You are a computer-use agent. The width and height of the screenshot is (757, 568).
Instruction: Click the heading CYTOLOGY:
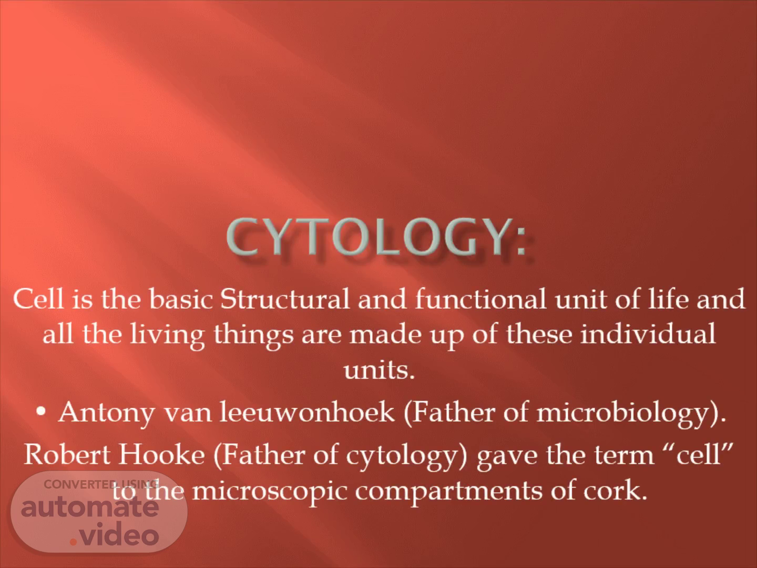(x=376, y=237)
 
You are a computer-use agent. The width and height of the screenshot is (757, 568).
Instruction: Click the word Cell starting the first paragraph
(x=38, y=299)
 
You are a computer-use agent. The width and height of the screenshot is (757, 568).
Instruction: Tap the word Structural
(x=285, y=299)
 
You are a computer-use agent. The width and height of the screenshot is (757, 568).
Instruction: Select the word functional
(x=481, y=299)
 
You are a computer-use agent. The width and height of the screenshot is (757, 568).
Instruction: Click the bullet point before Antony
(x=41, y=411)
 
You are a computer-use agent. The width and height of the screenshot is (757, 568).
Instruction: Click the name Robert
(x=67, y=454)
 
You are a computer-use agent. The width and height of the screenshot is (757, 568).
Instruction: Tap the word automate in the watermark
(x=90, y=508)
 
